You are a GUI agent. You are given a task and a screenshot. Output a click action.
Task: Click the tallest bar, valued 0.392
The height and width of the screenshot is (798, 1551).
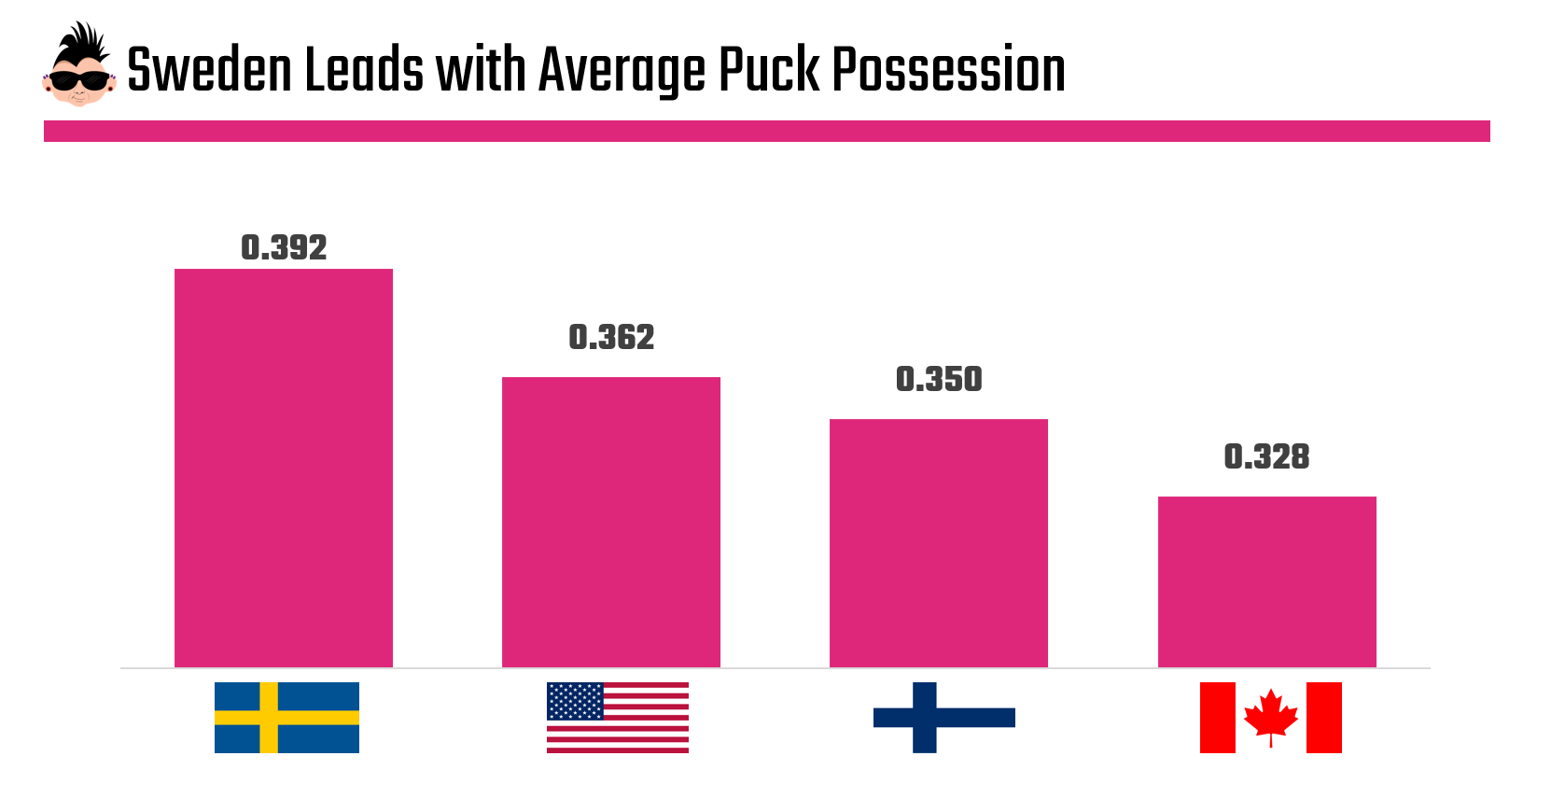284,468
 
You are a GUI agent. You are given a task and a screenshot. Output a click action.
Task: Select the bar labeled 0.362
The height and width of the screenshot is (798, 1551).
611,522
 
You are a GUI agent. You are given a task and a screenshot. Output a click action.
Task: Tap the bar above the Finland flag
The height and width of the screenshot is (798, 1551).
939,542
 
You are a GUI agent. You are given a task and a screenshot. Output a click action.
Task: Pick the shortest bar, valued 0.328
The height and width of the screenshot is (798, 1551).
1266,581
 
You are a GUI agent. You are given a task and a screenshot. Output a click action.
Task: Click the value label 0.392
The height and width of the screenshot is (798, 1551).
284,247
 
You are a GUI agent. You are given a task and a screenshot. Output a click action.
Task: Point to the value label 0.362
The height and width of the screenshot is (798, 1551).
611,337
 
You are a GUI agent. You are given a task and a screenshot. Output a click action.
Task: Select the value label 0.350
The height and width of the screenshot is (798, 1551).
939,379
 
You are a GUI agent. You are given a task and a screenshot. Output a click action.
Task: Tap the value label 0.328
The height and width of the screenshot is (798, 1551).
1266,456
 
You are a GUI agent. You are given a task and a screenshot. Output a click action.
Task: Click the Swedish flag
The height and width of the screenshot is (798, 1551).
286,718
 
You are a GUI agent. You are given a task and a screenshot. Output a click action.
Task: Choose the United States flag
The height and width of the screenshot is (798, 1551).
618,718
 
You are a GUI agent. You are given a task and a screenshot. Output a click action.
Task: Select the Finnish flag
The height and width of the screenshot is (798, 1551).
944,718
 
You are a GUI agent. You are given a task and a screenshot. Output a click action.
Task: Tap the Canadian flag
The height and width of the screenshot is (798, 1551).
1270,718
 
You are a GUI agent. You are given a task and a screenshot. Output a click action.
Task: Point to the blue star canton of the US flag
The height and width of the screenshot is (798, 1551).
575,701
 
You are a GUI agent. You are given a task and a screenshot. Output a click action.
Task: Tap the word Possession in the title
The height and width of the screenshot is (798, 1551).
948,70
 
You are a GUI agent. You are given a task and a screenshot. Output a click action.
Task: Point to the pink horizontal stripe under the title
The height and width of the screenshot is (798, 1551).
766,131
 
